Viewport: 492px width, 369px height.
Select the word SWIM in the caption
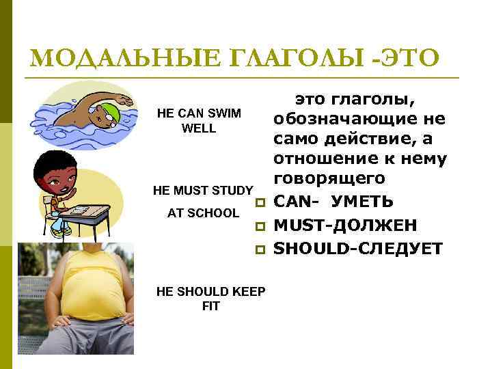click(x=220, y=113)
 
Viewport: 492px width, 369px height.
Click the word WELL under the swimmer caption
click(x=199, y=128)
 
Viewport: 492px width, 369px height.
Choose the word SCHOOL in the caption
click(x=213, y=213)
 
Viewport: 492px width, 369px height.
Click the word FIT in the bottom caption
click(x=211, y=306)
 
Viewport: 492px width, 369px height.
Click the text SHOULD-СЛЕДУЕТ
click(x=357, y=249)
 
